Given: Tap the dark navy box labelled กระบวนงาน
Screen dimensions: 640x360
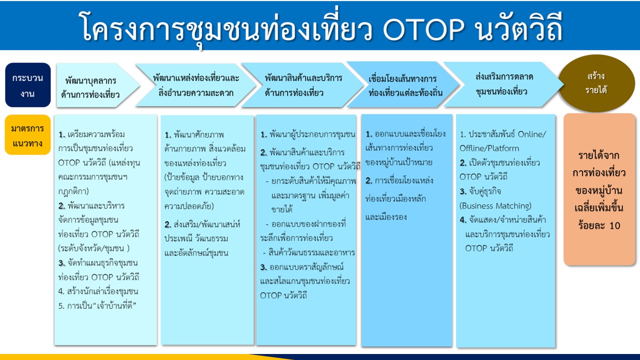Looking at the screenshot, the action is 27,85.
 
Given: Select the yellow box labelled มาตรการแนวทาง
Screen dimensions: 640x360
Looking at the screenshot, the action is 27,134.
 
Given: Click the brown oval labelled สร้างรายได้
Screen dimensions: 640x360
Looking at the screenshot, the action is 596,83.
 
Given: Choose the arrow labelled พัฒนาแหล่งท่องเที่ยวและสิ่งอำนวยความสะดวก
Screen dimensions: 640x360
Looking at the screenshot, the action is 196,85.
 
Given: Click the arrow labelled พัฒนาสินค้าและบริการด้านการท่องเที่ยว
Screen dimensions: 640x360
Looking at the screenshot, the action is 303,85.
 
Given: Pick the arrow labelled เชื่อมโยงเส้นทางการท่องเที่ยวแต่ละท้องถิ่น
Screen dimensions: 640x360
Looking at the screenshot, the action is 403,84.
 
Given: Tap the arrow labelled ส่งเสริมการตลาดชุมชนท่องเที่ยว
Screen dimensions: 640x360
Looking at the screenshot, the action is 503,84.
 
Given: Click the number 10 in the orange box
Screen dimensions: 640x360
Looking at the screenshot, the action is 615,225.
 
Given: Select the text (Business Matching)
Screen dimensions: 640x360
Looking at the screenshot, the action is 495,205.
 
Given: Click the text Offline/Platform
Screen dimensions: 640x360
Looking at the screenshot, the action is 489,148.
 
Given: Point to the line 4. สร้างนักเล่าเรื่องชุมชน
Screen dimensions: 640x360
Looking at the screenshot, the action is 98,291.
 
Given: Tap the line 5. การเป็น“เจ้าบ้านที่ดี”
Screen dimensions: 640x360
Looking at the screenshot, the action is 97,305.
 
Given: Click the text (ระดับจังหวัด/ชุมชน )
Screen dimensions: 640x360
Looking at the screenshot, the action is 94,248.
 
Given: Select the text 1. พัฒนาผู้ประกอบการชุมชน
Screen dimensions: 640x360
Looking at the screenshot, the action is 307,134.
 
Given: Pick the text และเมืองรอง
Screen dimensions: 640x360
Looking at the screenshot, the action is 386,217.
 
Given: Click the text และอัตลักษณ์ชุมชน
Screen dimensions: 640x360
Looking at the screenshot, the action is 196,253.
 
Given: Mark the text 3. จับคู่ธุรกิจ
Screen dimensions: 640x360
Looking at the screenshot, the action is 480,191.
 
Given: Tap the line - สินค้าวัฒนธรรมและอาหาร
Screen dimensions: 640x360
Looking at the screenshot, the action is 309,252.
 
